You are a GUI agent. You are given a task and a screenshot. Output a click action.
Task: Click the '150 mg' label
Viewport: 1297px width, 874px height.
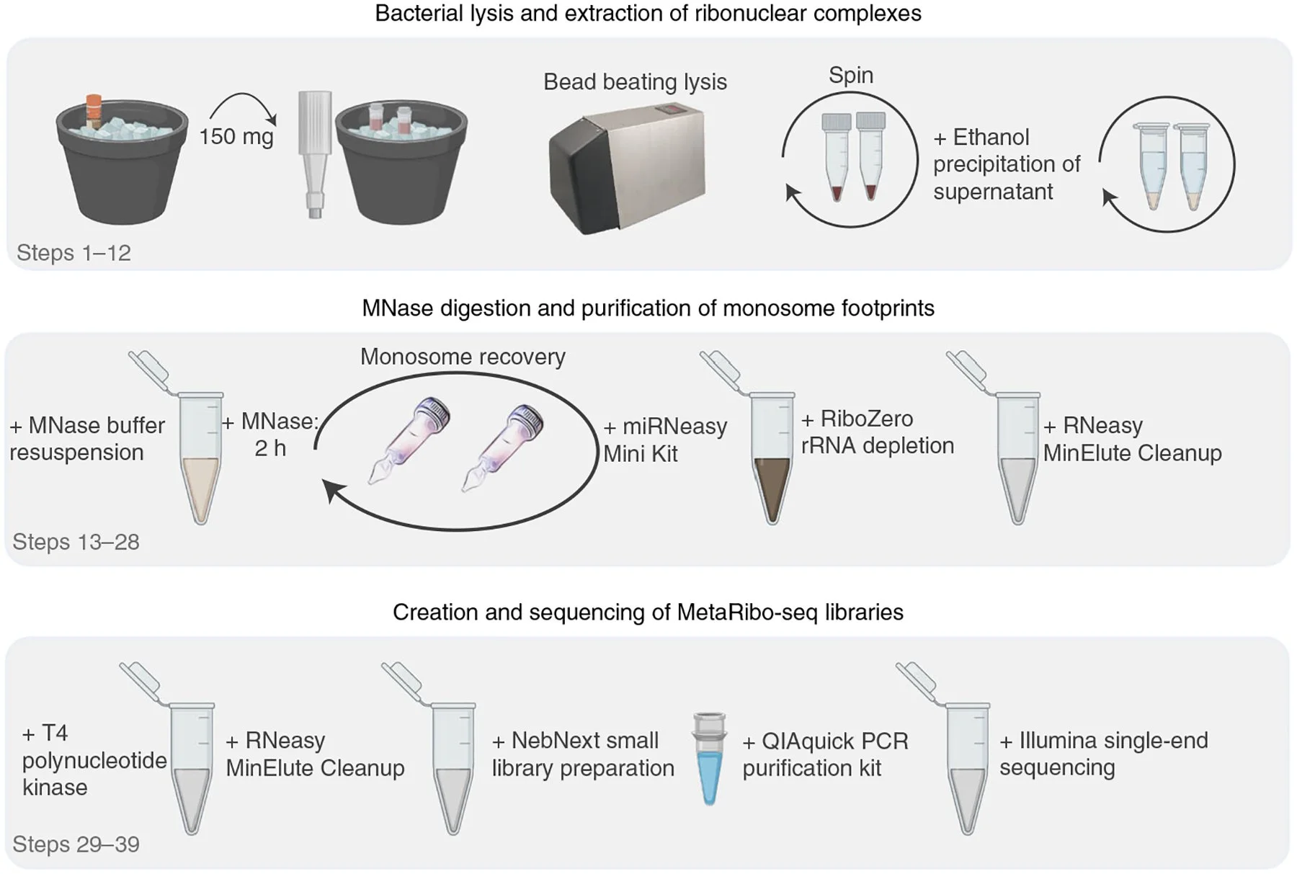(236, 136)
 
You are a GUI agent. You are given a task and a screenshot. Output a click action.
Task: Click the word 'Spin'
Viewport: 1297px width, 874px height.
(850, 75)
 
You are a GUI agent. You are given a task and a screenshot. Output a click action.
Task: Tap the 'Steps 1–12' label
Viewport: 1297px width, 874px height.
(73, 253)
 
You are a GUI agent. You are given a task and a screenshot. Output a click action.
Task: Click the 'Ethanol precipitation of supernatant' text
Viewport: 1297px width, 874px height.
(1006, 164)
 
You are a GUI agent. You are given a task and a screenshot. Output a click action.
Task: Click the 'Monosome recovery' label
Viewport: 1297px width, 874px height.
(463, 357)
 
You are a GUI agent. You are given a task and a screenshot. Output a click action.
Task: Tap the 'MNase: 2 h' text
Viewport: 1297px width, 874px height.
(270, 434)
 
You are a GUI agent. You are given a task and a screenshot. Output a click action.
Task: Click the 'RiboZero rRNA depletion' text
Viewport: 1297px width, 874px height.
(876, 432)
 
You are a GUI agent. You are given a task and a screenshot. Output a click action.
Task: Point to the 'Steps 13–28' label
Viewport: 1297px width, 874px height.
(76, 542)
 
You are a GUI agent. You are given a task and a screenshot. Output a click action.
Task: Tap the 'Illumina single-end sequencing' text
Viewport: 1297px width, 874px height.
(1102, 754)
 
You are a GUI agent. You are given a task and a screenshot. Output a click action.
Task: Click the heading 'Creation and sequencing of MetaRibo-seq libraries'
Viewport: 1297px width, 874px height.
(647, 612)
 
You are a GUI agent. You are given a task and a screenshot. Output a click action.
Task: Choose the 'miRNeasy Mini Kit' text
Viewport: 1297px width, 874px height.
(664, 440)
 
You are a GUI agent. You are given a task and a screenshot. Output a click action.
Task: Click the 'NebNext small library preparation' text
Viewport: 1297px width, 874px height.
(582, 754)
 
